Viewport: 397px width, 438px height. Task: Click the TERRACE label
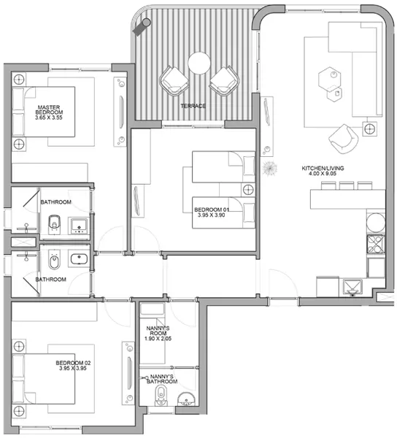pos(193,106)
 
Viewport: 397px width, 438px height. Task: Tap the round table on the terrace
pos(199,63)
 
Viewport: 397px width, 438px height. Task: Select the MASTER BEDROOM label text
pos(49,109)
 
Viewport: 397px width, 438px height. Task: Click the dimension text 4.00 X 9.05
pos(323,174)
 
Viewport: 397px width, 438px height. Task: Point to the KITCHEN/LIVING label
pos(323,168)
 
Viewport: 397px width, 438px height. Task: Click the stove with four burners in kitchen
pos(376,244)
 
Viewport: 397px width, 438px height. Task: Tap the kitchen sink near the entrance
pos(352,288)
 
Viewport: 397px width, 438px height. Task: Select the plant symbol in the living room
pos(269,169)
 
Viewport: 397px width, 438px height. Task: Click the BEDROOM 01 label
pos(212,210)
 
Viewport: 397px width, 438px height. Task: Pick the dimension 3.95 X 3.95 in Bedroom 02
pos(72,368)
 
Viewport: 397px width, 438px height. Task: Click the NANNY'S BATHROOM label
pos(162,379)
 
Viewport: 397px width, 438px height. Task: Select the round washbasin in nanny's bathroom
pos(186,399)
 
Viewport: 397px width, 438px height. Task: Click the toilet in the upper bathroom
pos(55,224)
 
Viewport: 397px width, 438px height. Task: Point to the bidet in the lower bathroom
pos(55,260)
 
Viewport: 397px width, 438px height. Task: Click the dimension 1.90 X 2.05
pos(158,339)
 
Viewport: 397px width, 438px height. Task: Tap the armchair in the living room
pos(343,139)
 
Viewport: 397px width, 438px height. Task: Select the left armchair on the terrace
pos(174,81)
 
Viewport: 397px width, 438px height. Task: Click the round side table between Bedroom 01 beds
pos(248,190)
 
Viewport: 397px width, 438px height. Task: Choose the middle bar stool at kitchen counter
pos(347,185)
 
